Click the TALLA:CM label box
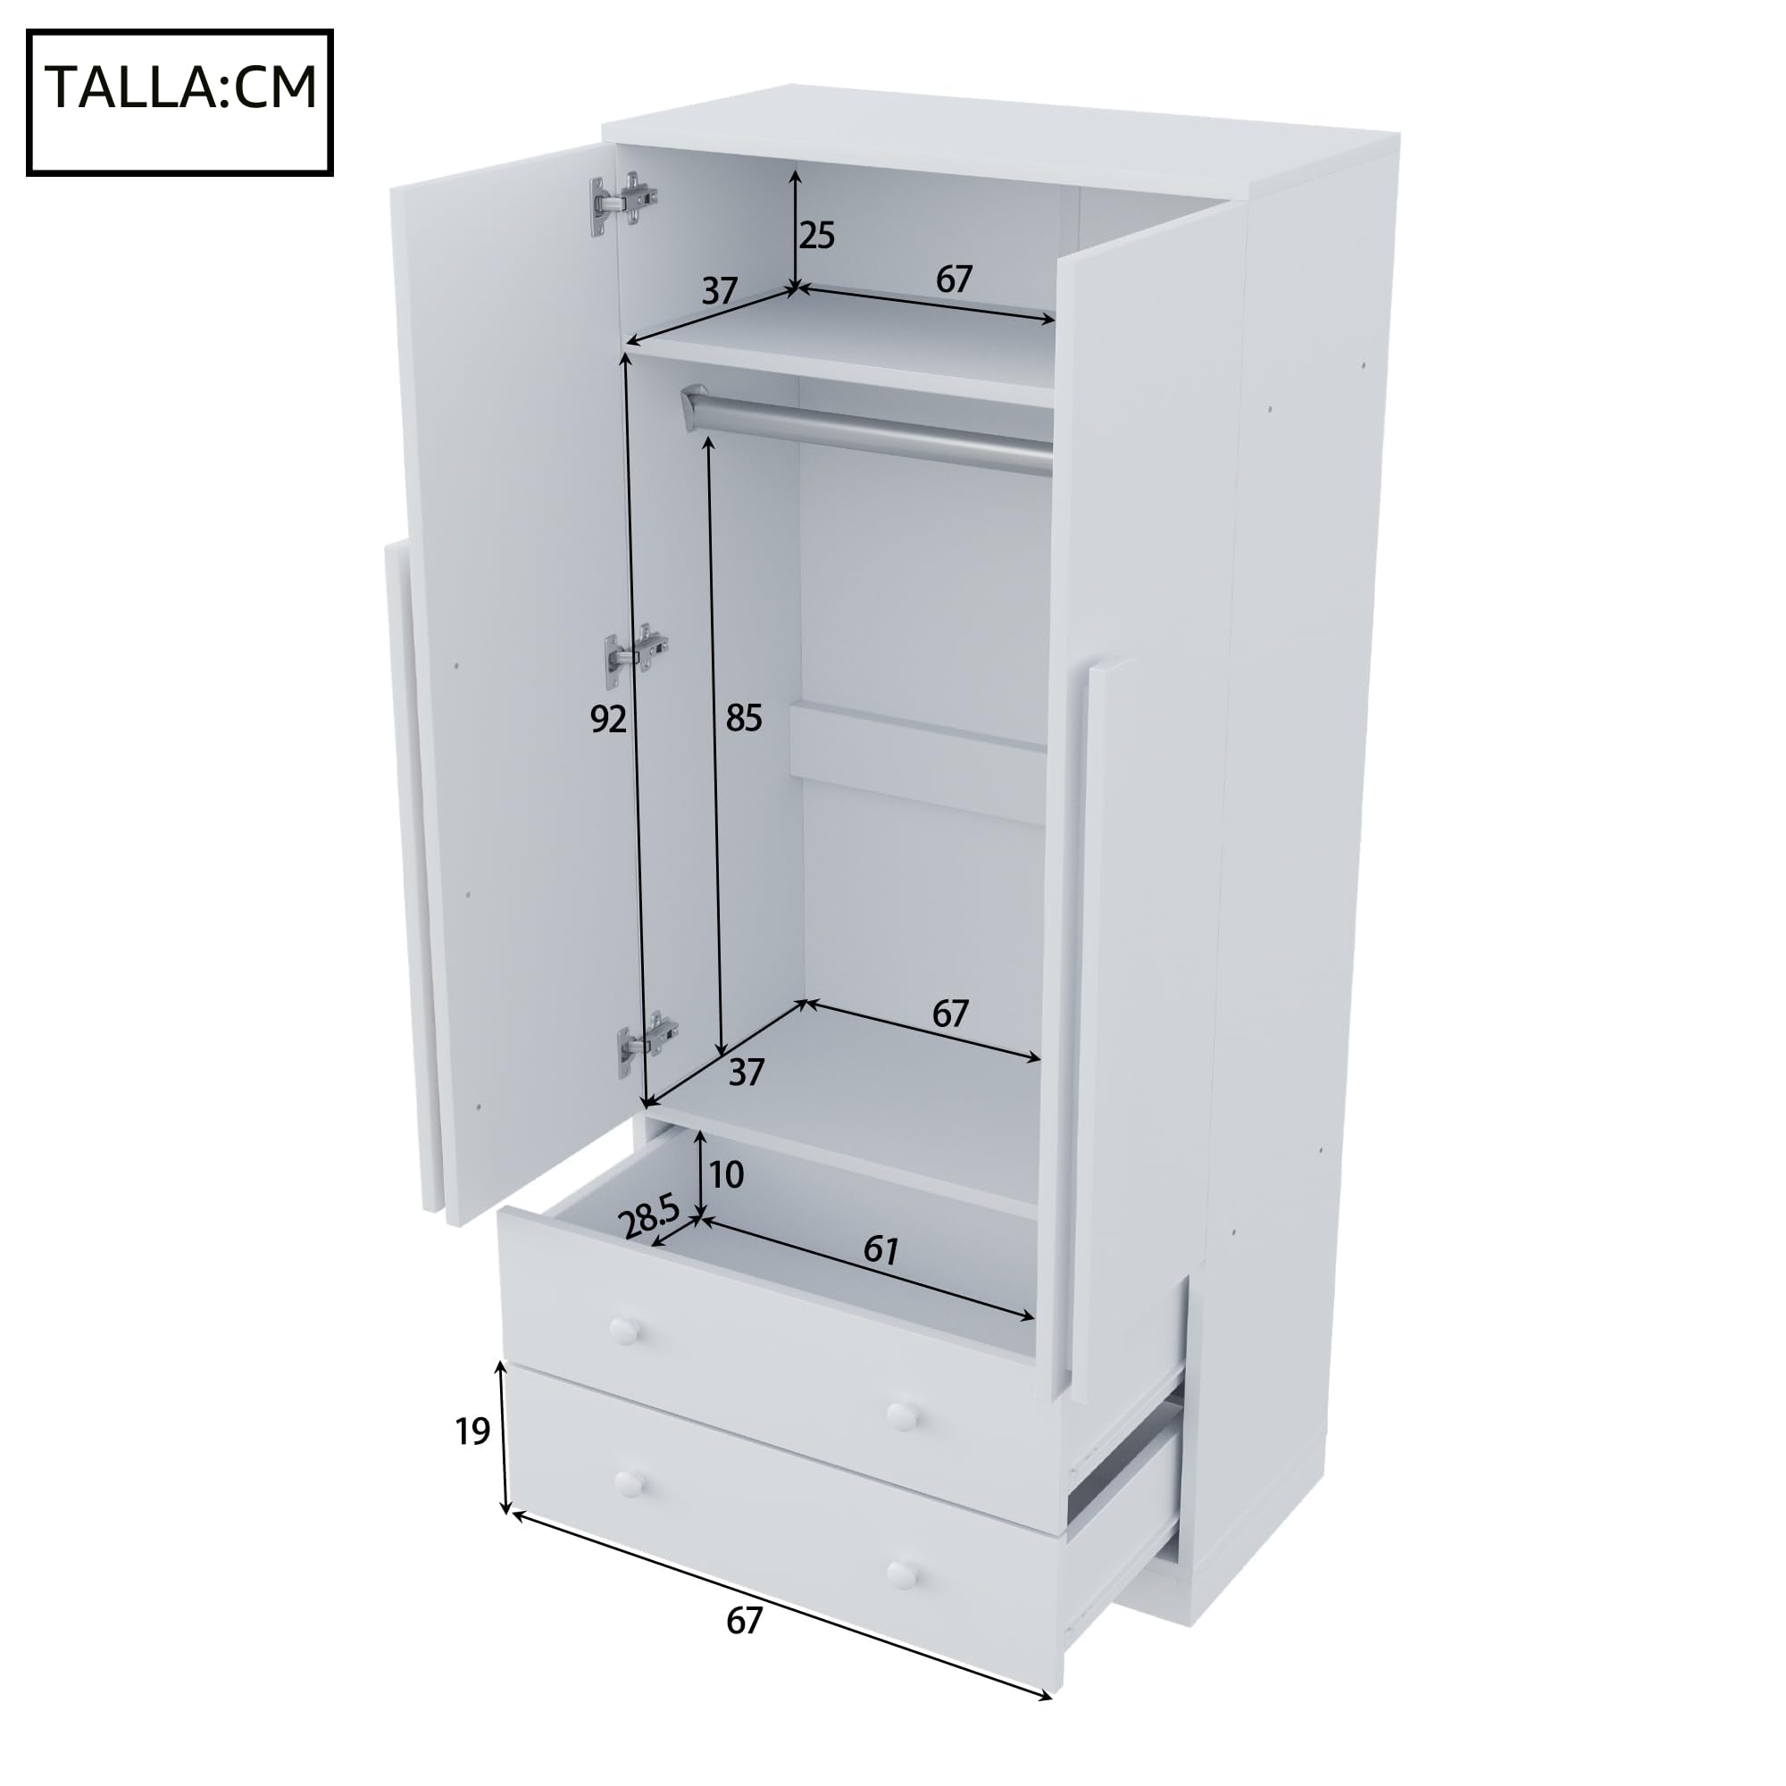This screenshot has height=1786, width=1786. point(179,103)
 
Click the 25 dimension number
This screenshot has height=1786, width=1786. point(816,237)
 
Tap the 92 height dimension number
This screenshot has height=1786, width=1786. point(608,719)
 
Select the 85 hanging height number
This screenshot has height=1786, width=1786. point(743,717)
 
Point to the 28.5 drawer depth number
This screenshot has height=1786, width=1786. point(650,1216)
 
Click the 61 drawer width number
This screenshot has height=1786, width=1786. point(881,1251)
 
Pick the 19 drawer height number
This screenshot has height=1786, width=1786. point(472,1432)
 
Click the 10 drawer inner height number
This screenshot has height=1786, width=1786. point(727,1175)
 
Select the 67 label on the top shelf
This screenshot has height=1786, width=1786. point(954,280)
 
